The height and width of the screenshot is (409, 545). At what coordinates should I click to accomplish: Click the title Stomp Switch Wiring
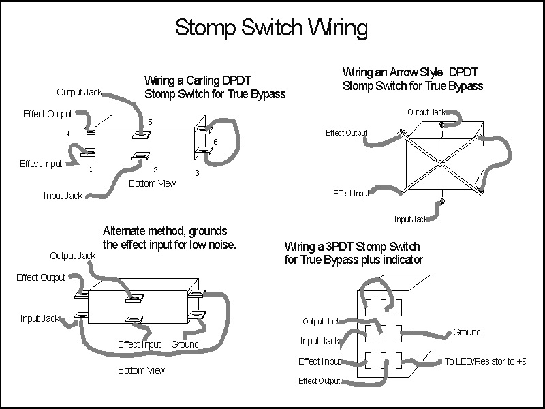coord(270,27)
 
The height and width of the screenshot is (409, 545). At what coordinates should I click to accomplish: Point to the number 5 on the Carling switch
coord(151,122)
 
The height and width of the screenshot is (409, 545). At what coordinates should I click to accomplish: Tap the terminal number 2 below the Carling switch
coord(155,169)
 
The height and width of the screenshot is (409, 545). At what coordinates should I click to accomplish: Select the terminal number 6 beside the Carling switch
coord(215,140)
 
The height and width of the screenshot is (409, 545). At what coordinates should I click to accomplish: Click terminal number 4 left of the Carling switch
coord(67,134)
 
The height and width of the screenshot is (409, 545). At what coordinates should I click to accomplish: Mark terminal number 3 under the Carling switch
coord(197,173)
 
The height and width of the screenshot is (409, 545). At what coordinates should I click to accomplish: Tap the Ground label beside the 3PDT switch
coord(466,332)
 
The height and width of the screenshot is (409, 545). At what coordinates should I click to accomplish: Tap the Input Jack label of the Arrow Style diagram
coord(411,219)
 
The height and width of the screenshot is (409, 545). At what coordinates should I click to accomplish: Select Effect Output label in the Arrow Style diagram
coord(346,132)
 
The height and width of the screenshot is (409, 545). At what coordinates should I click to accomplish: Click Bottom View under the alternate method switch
coord(141,370)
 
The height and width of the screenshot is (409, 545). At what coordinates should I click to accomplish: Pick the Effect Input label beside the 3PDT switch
coord(319,361)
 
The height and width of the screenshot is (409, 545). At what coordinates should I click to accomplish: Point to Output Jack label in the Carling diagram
coord(80,92)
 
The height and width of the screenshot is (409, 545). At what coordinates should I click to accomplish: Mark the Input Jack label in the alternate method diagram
coord(40,318)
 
